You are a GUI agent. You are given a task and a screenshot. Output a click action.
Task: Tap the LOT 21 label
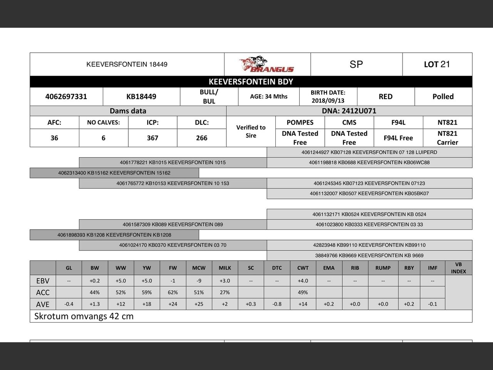(437, 64)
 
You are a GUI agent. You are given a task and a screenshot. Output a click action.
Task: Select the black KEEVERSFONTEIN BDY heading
(251, 82)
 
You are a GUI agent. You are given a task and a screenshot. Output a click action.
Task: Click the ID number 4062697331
(66, 96)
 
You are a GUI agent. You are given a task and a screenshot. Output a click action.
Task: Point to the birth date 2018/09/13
(328, 101)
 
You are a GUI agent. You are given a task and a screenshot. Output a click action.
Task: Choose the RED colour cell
(386, 96)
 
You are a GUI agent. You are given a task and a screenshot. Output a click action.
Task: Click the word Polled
(443, 96)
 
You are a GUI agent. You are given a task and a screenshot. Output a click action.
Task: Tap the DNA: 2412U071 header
(349, 111)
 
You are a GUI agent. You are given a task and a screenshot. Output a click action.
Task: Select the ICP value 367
(153, 138)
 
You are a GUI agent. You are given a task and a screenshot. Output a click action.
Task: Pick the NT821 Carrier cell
(447, 138)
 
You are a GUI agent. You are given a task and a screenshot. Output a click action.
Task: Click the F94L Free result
(398, 138)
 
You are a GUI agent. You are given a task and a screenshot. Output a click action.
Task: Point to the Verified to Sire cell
(251, 131)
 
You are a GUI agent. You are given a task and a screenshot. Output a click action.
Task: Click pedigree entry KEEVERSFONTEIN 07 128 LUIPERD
(369, 152)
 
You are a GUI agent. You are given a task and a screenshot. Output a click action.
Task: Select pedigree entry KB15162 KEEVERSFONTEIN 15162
(114, 173)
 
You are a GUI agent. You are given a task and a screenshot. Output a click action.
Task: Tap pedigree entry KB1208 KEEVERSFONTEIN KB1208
(114, 235)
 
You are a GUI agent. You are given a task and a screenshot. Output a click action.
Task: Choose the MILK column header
(225, 268)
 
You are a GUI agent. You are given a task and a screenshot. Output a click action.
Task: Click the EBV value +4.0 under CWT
(303, 281)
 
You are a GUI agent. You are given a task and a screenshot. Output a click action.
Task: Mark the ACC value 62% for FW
(173, 293)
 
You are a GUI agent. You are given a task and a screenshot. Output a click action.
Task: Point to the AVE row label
(43, 304)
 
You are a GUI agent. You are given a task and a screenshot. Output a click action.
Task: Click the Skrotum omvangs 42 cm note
(84, 316)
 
